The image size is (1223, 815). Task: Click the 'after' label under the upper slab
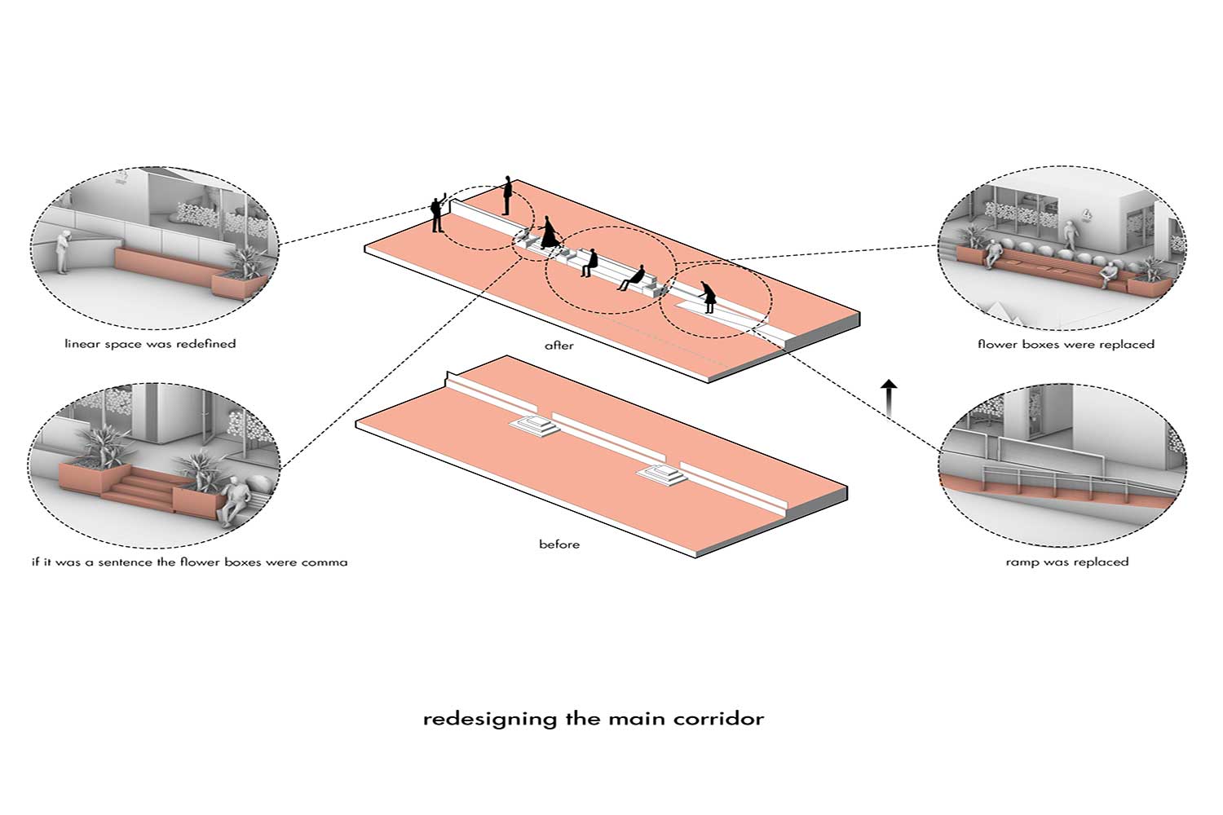(x=559, y=346)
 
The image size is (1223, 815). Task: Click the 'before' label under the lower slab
(x=559, y=544)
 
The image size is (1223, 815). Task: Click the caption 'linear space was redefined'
(x=150, y=344)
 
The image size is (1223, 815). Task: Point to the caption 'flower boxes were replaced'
(x=1066, y=344)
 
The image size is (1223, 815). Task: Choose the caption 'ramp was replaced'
(x=1066, y=562)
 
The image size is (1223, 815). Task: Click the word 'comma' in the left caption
(x=325, y=562)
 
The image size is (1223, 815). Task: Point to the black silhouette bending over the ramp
(x=708, y=296)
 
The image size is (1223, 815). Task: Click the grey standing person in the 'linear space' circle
(x=62, y=250)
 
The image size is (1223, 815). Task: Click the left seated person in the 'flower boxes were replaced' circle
(x=991, y=253)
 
